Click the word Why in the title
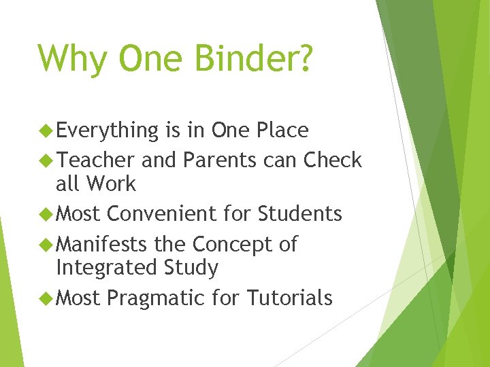click(72, 58)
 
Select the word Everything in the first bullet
click(108, 130)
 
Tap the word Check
click(333, 160)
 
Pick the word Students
click(299, 214)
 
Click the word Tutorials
click(290, 298)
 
